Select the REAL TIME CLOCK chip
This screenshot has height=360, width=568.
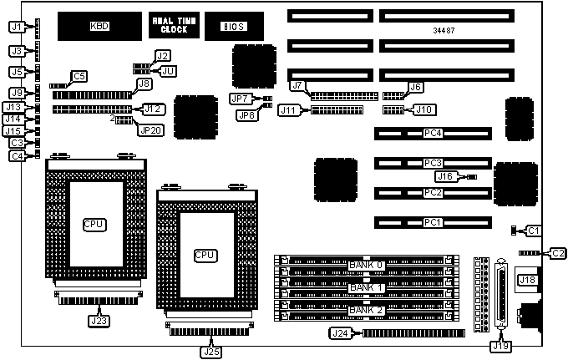click(x=174, y=25)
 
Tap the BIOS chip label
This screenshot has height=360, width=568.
click(x=233, y=26)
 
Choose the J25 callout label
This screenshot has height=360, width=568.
click(x=210, y=351)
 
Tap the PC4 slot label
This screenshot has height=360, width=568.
click(x=432, y=133)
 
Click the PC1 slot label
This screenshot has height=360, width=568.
click(x=432, y=223)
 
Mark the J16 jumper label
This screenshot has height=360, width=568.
click(x=444, y=176)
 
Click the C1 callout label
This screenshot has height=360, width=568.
click(x=535, y=230)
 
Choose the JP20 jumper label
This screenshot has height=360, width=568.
click(x=151, y=129)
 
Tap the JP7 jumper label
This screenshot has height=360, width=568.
click(x=240, y=99)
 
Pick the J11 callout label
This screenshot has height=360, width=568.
click(x=289, y=110)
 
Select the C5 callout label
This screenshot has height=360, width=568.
click(x=79, y=77)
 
